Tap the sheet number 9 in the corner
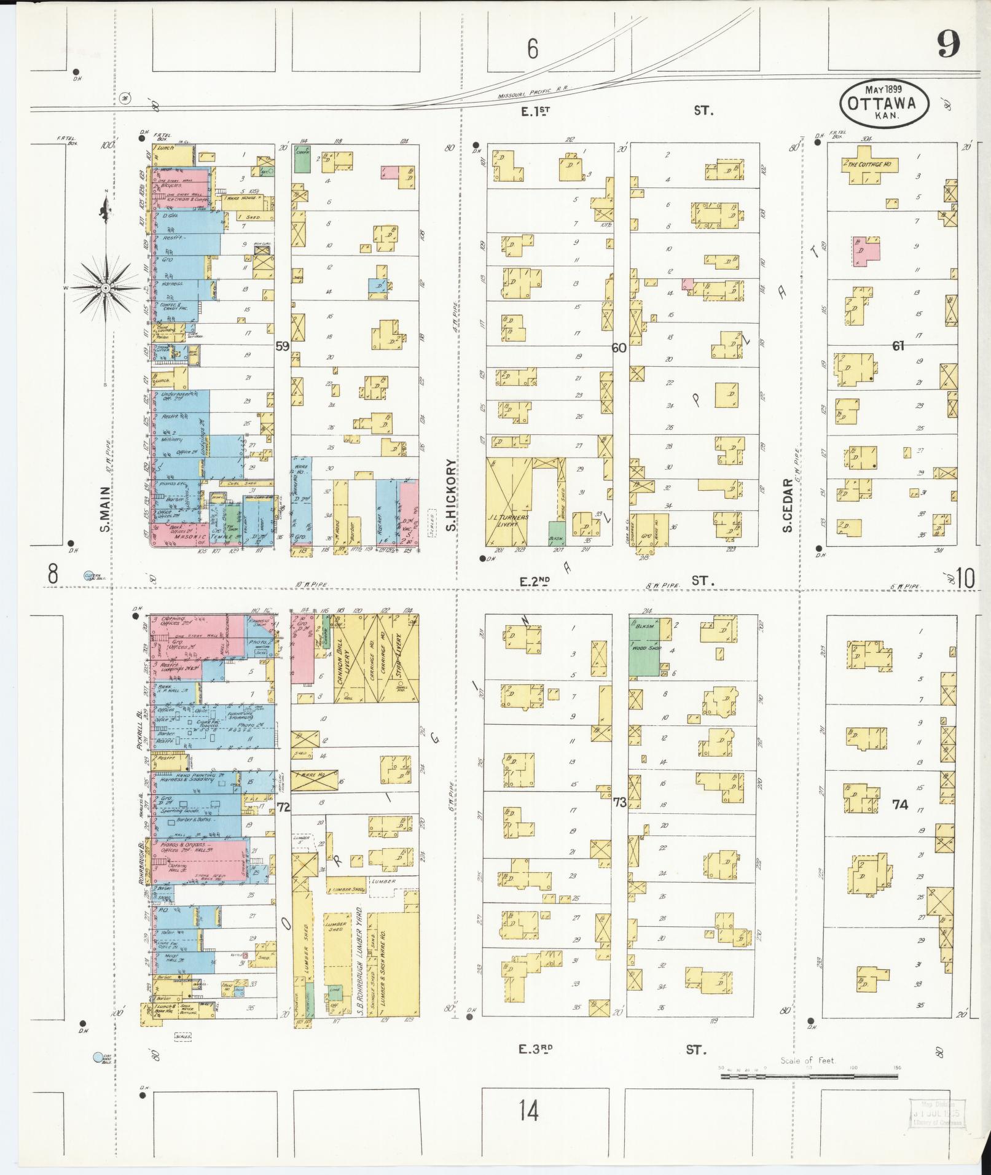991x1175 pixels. (x=949, y=44)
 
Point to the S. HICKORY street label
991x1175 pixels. (x=450, y=495)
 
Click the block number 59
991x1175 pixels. (x=282, y=346)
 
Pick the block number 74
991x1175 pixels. (x=899, y=804)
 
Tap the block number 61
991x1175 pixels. (x=898, y=346)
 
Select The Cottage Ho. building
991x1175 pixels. (x=871, y=165)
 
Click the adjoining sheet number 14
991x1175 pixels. (x=528, y=1110)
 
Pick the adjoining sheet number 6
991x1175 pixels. (x=532, y=49)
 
